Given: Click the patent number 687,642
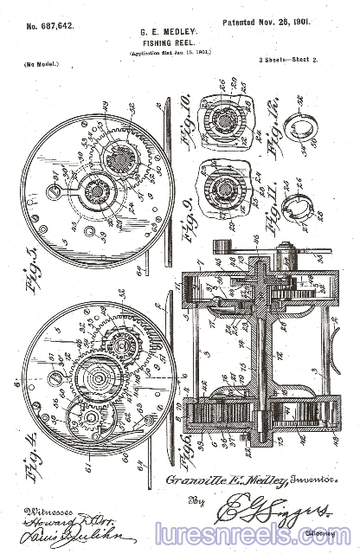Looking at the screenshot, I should click(x=49, y=26).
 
